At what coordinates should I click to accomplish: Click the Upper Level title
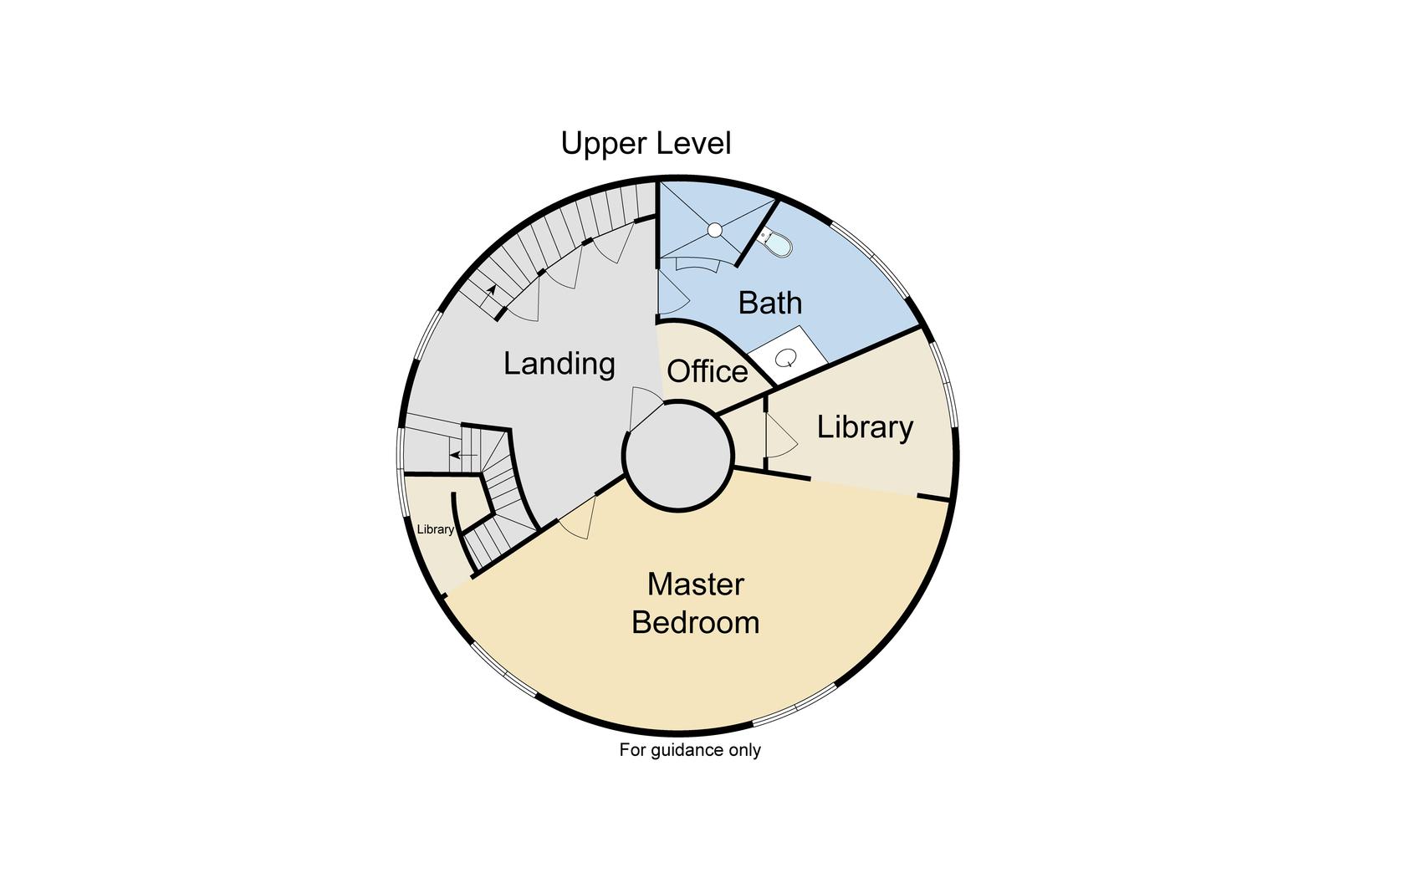coord(646,143)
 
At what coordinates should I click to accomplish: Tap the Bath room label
coord(769,303)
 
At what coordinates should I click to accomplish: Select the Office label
coord(707,371)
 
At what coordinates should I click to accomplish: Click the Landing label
coord(559,364)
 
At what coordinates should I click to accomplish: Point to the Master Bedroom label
coord(695,603)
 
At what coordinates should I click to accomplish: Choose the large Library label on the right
coord(865,427)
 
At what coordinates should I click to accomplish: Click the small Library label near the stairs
coord(435,529)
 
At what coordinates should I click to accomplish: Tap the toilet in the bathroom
coord(777,243)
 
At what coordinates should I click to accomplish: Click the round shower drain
coord(714,230)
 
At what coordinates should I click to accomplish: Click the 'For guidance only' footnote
coord(690,750)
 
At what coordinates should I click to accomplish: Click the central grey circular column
coord(678,456)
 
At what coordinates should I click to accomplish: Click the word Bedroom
coord(695,623)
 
